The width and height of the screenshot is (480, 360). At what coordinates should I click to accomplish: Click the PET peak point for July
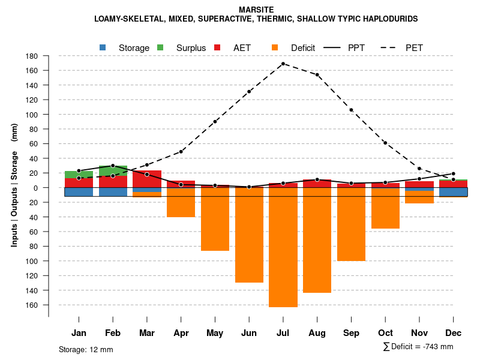[x=283, y=64]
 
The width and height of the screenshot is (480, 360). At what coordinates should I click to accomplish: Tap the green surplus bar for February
[x=113, y=170]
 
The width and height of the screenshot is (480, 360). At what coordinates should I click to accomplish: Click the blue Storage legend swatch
[x=103, y=47]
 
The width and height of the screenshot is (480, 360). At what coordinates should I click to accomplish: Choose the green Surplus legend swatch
[x=160, y=47]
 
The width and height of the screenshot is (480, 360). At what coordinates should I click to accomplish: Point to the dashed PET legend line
[x=392, y=47]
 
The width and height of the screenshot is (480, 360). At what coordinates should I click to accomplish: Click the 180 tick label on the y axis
[x=32, y=56]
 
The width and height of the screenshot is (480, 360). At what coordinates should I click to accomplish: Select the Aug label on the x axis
[x=317, y=333]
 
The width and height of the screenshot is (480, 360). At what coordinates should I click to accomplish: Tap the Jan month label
[x=79, y=333]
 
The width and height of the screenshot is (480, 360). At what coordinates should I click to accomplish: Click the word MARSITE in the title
[x=256, y=10]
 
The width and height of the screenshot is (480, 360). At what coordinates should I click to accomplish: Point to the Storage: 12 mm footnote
[x=86, y=349]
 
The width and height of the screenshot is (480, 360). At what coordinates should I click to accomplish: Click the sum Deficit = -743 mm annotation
[x=418, y=347]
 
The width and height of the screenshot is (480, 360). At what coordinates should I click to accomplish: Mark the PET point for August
[x=317, y=75]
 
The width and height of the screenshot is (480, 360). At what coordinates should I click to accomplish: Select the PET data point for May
[x=215, y=122]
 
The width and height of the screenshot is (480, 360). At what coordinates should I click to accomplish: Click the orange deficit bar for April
[x=181, y=203]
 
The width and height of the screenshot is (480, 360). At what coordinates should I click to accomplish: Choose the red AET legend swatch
[x=218, y=47]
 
